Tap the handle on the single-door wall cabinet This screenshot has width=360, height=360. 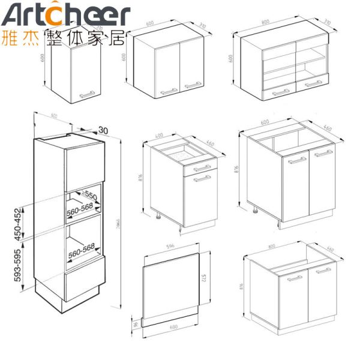pos(88,94)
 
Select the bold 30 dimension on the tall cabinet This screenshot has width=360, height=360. pos(103,130)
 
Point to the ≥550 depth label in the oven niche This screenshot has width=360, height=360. pos(89,196)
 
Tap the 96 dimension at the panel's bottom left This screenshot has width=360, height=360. pos(135,325)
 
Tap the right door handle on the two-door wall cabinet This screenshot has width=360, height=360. pos(193,86)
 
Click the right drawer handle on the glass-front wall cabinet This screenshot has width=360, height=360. pos(313,84)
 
